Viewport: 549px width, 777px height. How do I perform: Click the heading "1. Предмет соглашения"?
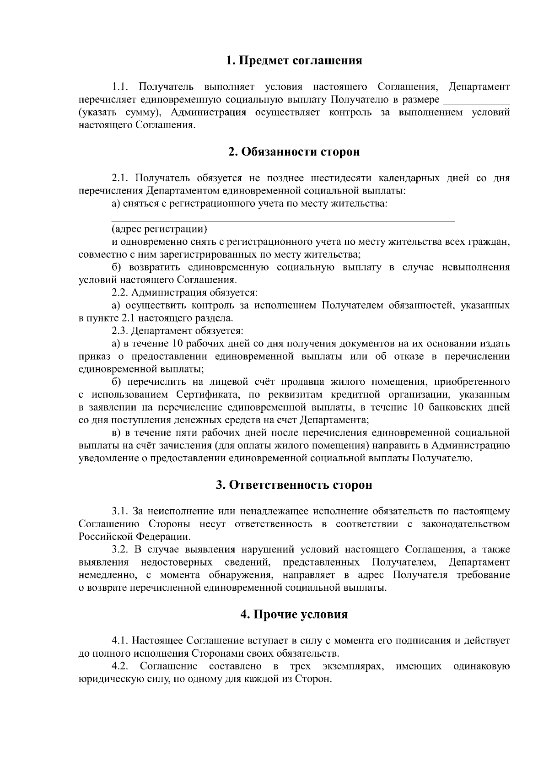pos(294,60)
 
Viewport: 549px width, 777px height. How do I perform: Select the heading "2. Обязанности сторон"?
pos(294,152)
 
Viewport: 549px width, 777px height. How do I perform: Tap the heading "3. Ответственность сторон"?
pos(294,485)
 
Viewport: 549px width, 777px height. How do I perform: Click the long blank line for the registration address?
pos(284,221)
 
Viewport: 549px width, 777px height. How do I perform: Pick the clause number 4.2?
pos(119,666)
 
